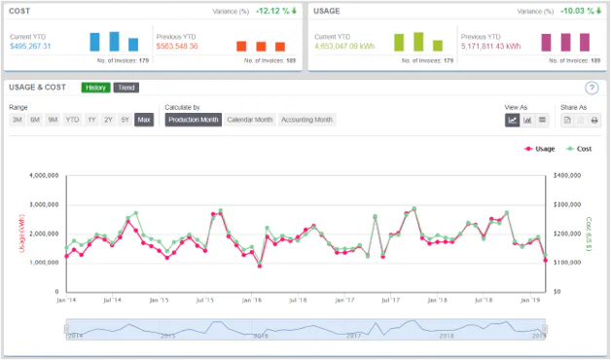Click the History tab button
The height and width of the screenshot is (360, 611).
pos(95,88)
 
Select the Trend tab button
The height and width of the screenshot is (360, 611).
pos(126,88)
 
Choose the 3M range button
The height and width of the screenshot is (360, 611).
pos(18,120)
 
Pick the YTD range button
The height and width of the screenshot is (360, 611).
pos(73,120)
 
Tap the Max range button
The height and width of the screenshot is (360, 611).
pos(144,120)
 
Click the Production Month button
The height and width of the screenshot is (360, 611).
pos(193,120)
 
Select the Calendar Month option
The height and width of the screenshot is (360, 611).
pos(250,120)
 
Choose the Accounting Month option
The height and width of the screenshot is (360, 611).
pos(307,120)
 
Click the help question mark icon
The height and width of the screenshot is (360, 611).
pos(591,89)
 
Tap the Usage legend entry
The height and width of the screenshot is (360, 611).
pos(540,149)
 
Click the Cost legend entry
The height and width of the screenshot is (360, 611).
pos(581,149)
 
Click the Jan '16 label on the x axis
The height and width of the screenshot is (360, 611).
pos(252,302)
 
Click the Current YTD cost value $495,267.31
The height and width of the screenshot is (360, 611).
pos(30,46)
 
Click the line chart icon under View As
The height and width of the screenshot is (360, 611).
pos(513,120)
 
